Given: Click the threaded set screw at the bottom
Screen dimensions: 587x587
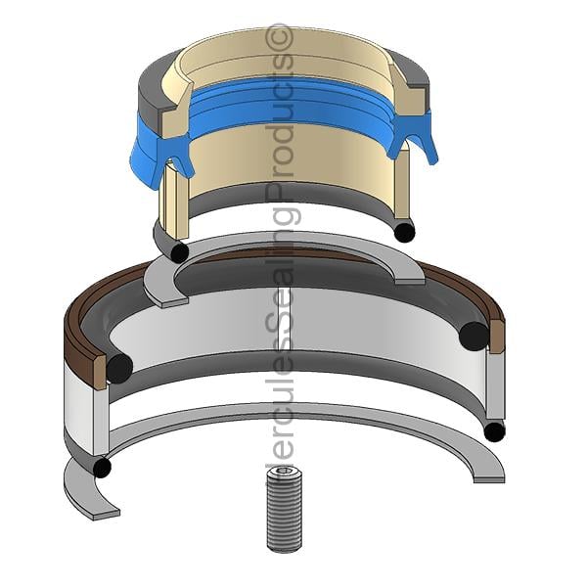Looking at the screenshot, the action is [284, 508].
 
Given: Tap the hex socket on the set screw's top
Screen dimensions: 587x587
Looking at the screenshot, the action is [284, 471].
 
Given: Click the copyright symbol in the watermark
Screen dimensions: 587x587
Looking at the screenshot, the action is [278, 38].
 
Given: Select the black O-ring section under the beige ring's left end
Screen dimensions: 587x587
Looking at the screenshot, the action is [180, 252].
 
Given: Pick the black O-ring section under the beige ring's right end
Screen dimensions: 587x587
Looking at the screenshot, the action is [405, 232].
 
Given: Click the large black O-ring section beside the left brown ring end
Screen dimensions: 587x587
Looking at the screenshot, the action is [119, 368].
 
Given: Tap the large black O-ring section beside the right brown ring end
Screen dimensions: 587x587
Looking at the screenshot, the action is [474, 336].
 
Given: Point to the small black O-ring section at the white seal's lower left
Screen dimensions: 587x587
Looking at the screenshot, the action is [102, 469].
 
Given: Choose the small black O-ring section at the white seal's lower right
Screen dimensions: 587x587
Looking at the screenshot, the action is [494, 431].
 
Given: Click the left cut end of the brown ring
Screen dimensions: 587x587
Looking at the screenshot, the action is [100, 373].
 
